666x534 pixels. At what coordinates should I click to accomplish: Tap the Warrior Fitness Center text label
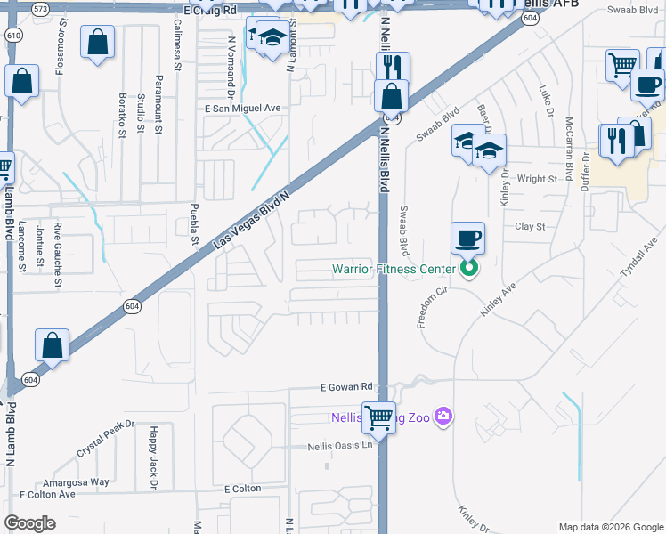394,269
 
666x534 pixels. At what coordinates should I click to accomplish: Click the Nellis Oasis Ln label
340,447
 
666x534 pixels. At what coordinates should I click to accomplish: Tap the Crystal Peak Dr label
104,438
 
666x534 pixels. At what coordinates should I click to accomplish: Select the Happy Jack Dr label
153,457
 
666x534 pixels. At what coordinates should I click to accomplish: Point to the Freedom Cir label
430,307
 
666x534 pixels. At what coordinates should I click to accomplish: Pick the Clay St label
530,227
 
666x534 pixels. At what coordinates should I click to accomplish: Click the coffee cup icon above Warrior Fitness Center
467,238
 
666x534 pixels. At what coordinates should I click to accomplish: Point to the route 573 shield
40,8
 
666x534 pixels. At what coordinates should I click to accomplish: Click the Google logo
30,523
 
